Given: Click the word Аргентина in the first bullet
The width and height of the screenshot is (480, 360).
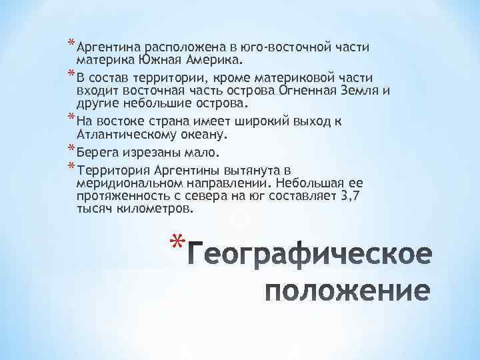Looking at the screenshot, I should coord(105,48).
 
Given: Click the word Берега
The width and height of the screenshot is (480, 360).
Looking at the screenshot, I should coord(97,151).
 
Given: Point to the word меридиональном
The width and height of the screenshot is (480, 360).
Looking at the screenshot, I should coord(127,183).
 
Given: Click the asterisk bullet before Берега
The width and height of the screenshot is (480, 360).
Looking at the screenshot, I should coord(70,147).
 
